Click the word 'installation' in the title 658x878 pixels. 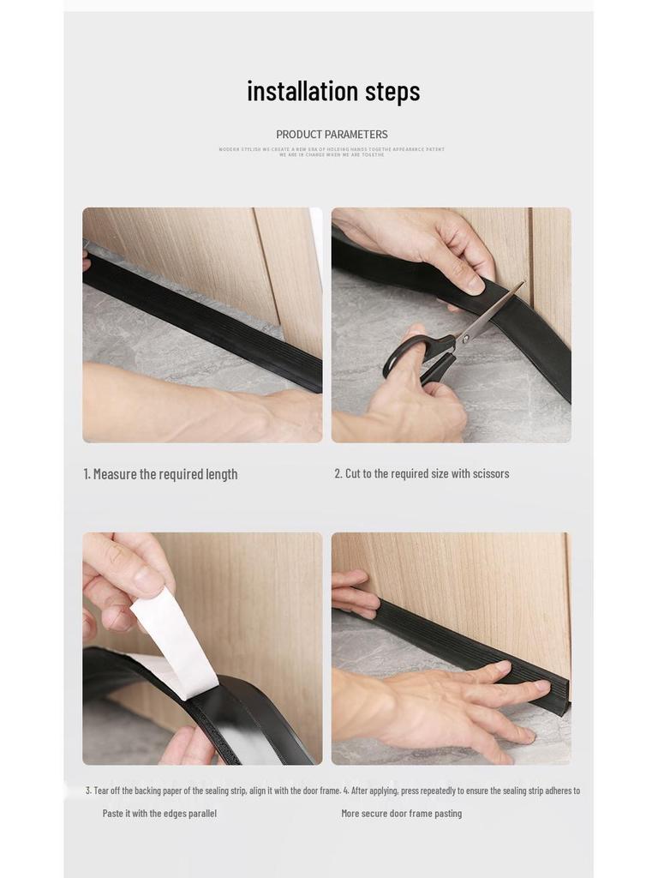coord(302,91)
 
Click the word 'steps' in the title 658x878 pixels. coord(392,92)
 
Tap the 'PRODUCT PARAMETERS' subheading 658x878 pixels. coord(332,135)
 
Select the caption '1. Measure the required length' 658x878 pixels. coord(160,474)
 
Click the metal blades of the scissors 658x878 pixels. coord(495,312)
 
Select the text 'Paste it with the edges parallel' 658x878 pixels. coord(159,814)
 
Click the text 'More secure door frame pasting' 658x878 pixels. coord(401,814)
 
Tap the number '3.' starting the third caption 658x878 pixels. coord(88,791)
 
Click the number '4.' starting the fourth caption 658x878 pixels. coord(346,791)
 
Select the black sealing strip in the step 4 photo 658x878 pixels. coord(480,652)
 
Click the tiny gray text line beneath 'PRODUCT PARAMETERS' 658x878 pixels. coord(332,152)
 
